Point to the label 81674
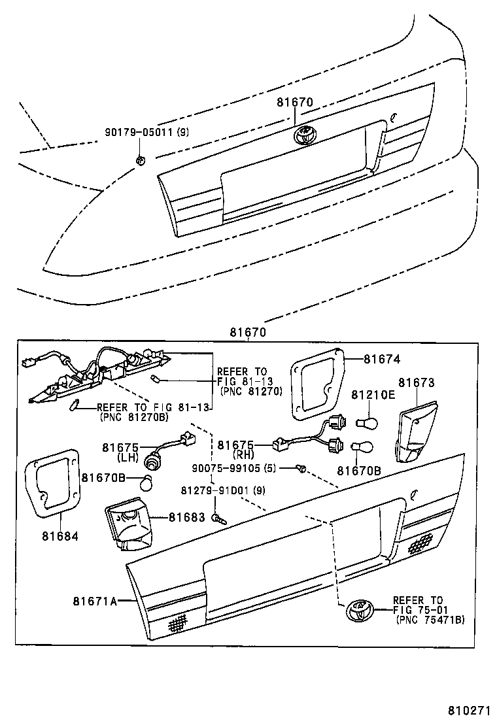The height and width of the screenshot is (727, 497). coord(381,359)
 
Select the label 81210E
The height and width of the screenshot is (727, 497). coord(373,395)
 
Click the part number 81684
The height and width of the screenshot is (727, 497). coord(61,536)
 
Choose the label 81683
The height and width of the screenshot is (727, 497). coord(187,516)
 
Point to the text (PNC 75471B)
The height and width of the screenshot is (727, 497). coord(430,620)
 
